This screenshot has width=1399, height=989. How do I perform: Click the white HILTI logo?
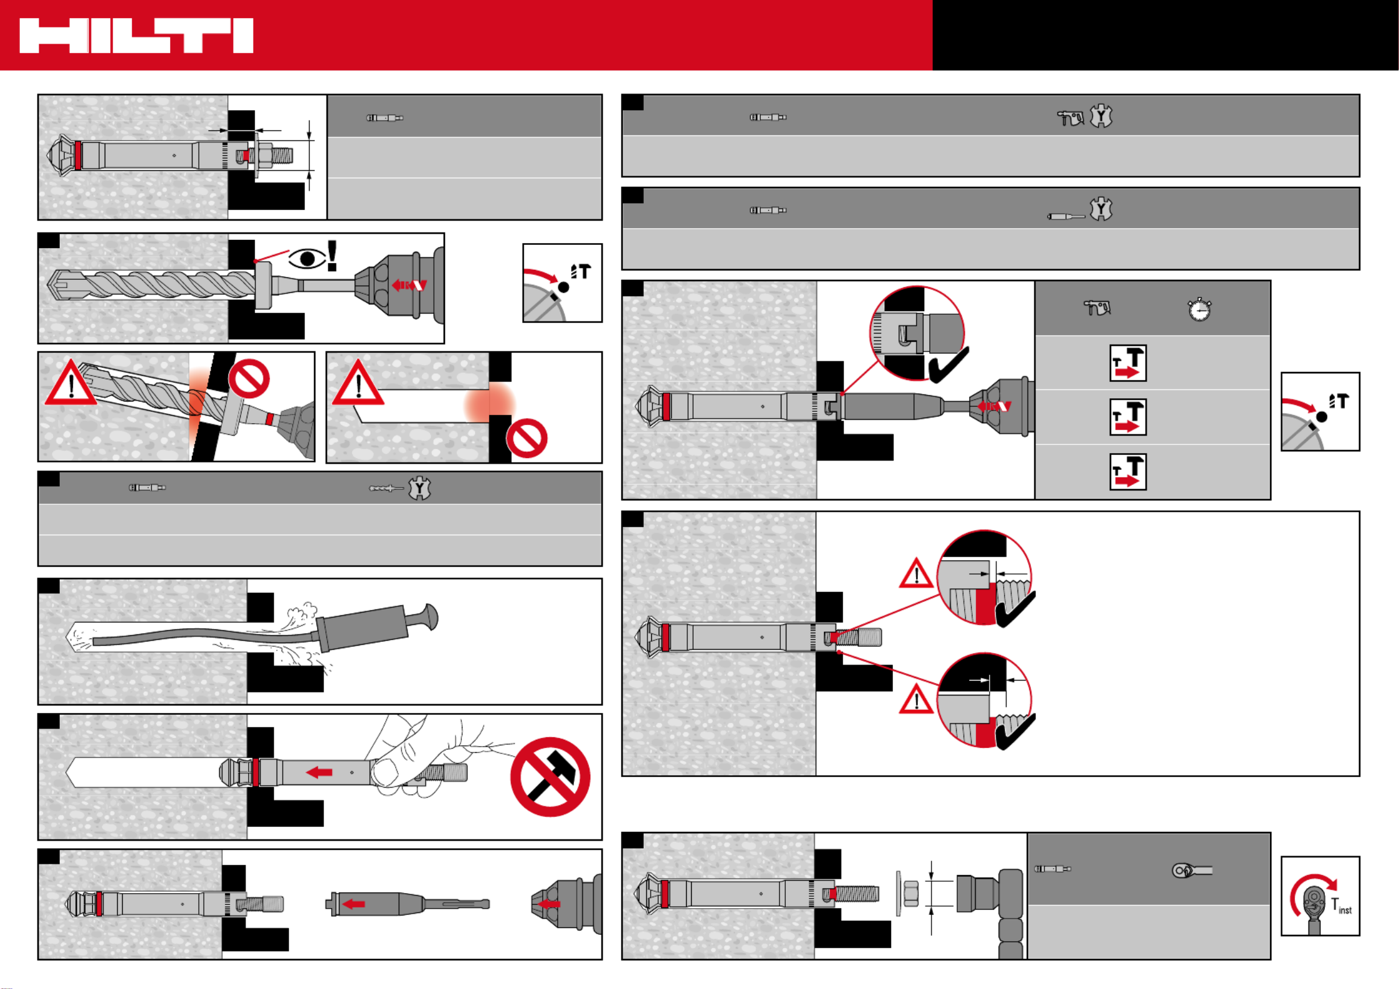click(136, 36)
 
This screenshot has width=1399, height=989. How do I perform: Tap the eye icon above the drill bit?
click(307, 258)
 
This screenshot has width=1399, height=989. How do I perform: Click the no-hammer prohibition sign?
click(550, 776)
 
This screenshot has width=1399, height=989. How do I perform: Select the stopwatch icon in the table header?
click(1199, 308)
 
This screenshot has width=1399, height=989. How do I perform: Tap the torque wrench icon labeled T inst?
click(1320, 896)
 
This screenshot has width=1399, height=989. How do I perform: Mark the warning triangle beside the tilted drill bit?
click(71, 383)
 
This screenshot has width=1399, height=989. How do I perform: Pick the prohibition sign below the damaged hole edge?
click(527, 438)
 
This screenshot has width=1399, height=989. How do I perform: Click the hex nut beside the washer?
click(911, 894)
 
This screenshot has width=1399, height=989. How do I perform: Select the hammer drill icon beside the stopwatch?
click(1097, 308)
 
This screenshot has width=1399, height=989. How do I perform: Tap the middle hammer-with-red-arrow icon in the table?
click(1128, 417)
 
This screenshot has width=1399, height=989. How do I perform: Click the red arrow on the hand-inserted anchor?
click(319, 773)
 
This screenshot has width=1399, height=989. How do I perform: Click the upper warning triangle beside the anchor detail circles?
click(916, 574)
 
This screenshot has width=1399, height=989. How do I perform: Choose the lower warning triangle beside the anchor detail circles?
click(916, 699)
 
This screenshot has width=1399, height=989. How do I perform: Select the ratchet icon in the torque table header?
click(1191, 870)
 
